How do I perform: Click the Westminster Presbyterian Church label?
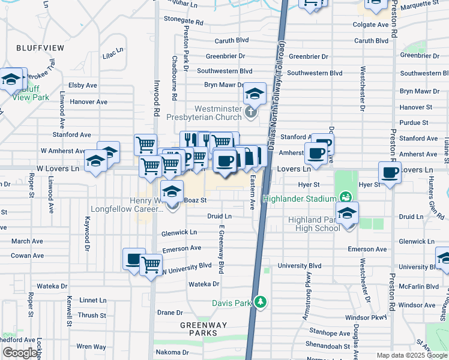point(217,113)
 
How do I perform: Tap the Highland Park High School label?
point(314,224)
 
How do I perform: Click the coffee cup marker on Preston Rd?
point(390,173)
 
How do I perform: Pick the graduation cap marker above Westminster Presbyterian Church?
point(255,94)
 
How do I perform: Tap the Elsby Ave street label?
point(83,85)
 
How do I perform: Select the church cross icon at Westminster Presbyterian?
point(252,112)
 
